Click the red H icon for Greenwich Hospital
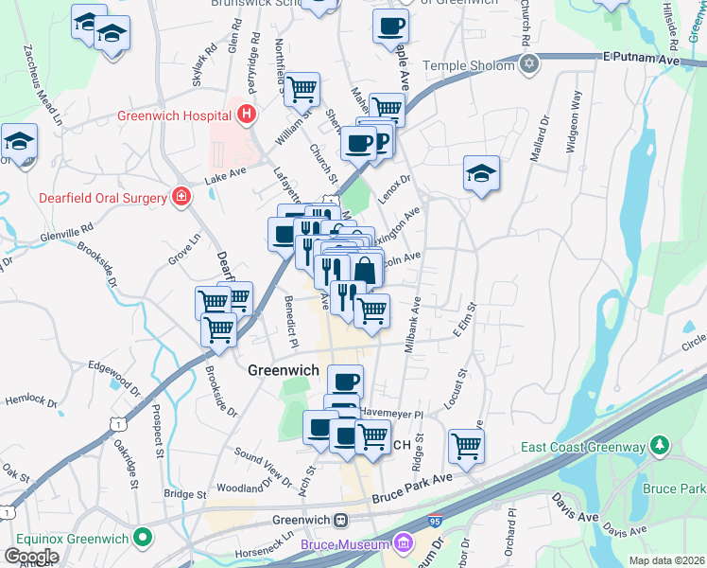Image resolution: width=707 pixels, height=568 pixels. click(x=248, y=115)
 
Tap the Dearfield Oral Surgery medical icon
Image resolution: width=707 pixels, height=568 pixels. click(x=180, y=197)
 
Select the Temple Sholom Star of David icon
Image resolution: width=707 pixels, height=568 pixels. click(x=529, y=64)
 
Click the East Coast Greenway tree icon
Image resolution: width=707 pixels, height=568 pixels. click(x=661, y=446)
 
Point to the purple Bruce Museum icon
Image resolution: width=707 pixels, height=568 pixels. click(x=404, y=543)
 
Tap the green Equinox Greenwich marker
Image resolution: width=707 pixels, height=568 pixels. click(x=143, y=539)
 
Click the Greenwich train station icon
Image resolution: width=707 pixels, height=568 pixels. click(x=341, y=519)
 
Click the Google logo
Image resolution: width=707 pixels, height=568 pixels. click(x=31, y=556)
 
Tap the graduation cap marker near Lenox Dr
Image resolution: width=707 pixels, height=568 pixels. click(x=481, y=173)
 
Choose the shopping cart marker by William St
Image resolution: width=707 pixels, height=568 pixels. click(x=302, y=90)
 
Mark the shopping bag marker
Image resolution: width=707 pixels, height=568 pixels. click(x=366, y=269)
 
